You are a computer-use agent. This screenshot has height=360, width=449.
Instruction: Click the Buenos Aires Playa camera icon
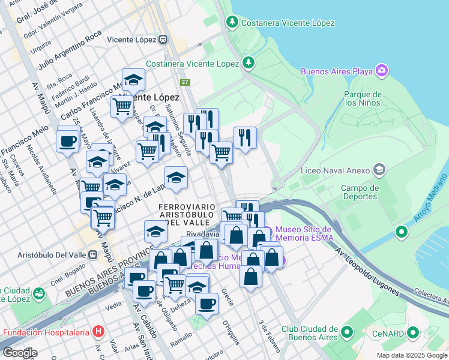pos(382,71)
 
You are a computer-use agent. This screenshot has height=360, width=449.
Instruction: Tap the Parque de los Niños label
pos(363,98)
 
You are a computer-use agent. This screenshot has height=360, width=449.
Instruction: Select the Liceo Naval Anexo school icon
pos(379,170)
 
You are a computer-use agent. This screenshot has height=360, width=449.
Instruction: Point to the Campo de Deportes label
pos(360,192)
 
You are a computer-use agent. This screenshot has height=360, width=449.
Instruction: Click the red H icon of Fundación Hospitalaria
pos(98,332)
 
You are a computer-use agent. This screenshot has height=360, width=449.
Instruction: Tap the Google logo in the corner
pos(19,353)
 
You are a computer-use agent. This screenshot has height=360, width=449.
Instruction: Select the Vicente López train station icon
pos(163,40)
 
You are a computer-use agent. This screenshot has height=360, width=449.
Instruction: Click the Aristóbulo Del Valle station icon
pos(92,254)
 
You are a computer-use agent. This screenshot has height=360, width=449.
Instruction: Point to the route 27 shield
pos(185,82)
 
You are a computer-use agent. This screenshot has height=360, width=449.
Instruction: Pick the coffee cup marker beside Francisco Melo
pos(68,142)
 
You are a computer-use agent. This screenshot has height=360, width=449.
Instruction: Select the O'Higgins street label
pos(231,333)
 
